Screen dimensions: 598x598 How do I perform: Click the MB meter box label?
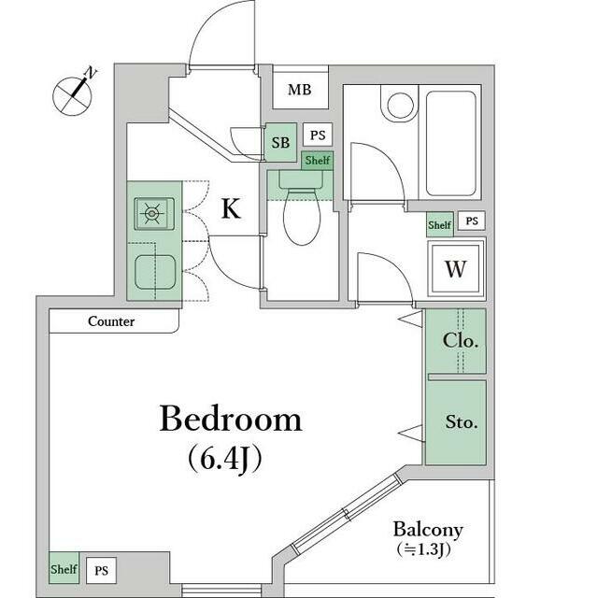(300, 90)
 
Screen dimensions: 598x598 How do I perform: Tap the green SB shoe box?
(280, 142)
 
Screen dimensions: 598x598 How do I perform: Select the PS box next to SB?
(318, 135)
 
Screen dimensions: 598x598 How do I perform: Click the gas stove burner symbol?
(152, 214)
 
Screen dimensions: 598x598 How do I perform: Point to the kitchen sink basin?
(155, 272)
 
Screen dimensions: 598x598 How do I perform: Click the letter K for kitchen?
(231, 208)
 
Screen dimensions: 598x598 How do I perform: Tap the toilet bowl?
(302, 217)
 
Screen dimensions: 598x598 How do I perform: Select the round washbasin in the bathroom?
(401, 106)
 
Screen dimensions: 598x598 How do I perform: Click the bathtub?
(450, 143)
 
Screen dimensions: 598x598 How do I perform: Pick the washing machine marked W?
(456, 269)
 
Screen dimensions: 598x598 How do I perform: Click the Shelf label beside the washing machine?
(440, 225)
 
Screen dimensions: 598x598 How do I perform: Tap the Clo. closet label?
(461, 340)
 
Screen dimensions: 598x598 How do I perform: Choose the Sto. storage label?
(462, 422)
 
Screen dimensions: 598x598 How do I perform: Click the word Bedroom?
(231, 419)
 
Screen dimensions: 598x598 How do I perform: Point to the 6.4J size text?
(225, 459)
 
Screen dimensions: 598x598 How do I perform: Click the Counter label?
(111, 321)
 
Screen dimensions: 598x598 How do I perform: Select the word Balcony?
(428, 530)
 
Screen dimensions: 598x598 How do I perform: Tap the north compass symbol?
(75, 93)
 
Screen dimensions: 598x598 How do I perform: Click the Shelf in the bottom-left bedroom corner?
(64, 569)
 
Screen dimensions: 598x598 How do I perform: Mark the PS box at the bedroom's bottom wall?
(101, 571)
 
